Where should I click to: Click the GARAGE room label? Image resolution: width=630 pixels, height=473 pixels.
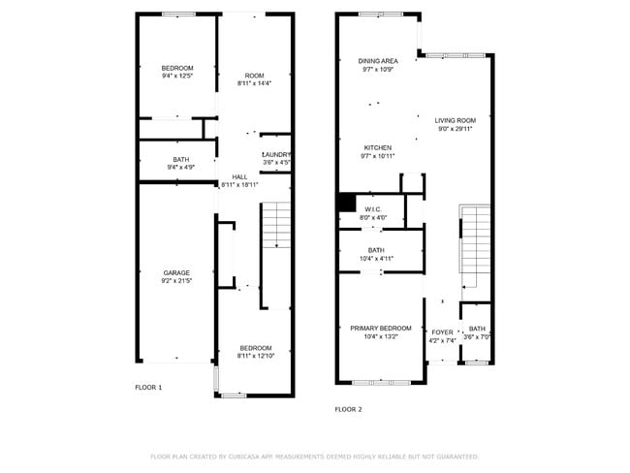[x=175, y=272]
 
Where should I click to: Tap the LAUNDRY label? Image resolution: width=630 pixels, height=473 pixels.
[x=276, y=154]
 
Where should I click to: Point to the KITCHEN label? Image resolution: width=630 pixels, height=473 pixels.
[x=378, y=147]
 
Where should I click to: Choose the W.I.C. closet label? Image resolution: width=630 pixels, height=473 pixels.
[x=373, y=209]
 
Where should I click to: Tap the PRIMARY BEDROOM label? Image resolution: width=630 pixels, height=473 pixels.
[x=380, y=329]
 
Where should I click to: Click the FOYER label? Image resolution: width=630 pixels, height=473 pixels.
[x=442, y=330]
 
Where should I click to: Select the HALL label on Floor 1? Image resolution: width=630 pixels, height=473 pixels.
[x=238, y=176]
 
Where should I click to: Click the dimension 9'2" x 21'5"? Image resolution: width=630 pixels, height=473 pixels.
[x=175, y=281]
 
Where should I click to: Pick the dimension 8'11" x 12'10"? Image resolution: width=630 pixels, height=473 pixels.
[x=256, y=356]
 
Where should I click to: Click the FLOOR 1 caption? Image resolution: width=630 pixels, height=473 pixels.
[x=148, y=387]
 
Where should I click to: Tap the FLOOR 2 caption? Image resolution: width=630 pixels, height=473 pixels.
[x=348, y=409]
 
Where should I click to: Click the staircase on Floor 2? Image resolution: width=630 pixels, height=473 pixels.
[x=475, y=247]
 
